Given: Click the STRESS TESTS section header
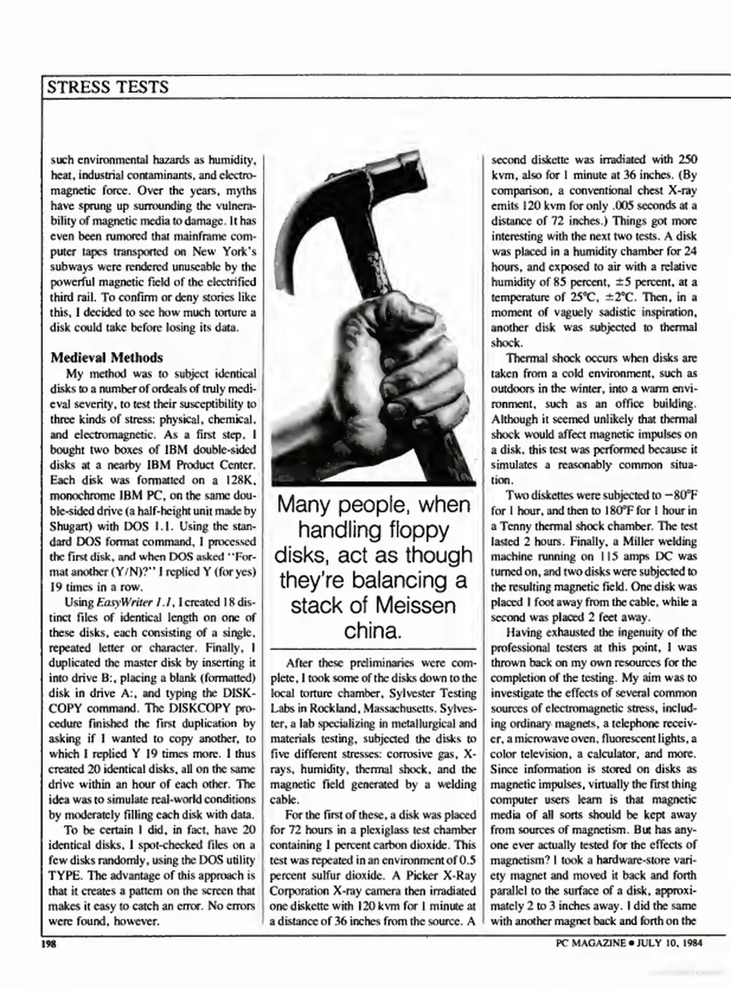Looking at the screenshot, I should point(108,87).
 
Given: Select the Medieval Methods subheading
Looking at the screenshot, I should point(107,357).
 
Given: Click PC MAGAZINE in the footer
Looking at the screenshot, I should point(590,943).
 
